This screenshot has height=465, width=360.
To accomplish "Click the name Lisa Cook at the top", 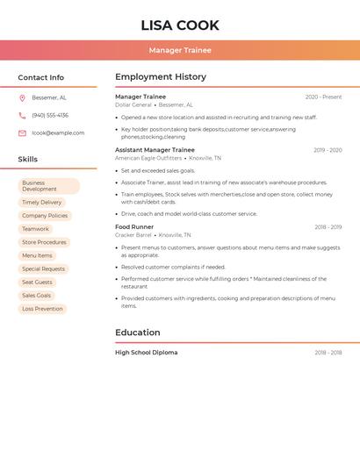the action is tap(180, 25).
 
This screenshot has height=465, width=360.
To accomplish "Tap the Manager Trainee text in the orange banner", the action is tap(180, 50).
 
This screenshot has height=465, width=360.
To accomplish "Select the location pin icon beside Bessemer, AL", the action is tap(22, 98).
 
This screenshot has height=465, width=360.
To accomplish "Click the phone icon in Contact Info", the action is tap(22, 115).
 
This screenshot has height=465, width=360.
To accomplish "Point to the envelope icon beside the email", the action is tap(22, 133).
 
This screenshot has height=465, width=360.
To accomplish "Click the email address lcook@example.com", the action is tap(58, 133).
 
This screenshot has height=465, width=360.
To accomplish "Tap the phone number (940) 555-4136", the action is tap(50, 115).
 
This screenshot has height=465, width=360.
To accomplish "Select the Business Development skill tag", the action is tap(48, 186).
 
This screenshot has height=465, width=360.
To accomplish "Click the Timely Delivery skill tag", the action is tap(42, 203).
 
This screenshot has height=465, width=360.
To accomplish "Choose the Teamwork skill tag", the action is tap(35, 229).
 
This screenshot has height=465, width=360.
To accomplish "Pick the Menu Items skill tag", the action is tap(37, 255).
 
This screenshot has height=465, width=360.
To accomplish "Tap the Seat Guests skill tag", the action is tap(37, 283).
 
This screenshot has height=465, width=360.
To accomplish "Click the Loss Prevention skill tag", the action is tap(42, 309).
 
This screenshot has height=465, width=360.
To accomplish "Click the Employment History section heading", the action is tap(161, 77).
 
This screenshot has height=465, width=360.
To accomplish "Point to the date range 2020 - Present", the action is tap(323, 97).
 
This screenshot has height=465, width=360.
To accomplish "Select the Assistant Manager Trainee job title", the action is tap(155, 150).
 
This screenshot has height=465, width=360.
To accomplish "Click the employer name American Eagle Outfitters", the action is tap(148, 158).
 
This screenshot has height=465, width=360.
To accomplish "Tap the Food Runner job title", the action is tap(134, 227).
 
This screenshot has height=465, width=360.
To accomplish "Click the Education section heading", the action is tap(138, 333).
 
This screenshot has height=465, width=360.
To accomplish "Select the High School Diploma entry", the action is tap(146, 353).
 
